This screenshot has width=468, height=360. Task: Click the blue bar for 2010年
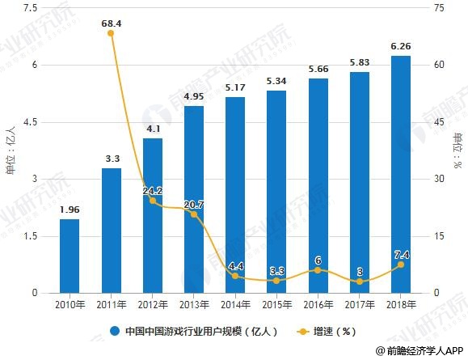(x=69, y=256)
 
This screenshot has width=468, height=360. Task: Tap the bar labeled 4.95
(x=194, y=199)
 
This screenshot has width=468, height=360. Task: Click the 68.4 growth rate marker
(x=111, y=33)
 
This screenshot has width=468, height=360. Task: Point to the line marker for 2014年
(x=235, y=276)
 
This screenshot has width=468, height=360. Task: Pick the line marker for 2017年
(x=359, y=282)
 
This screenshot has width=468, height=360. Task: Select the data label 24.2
(x=152, y=191)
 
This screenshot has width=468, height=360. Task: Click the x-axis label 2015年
(x=276, y=305)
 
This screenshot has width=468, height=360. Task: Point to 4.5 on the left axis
(x=30, y=122)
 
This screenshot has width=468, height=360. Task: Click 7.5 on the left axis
(x=30, y=8)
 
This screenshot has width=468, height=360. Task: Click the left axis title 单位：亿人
(x=11, y=151)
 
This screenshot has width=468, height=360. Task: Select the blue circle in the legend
(x=115, y=331)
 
